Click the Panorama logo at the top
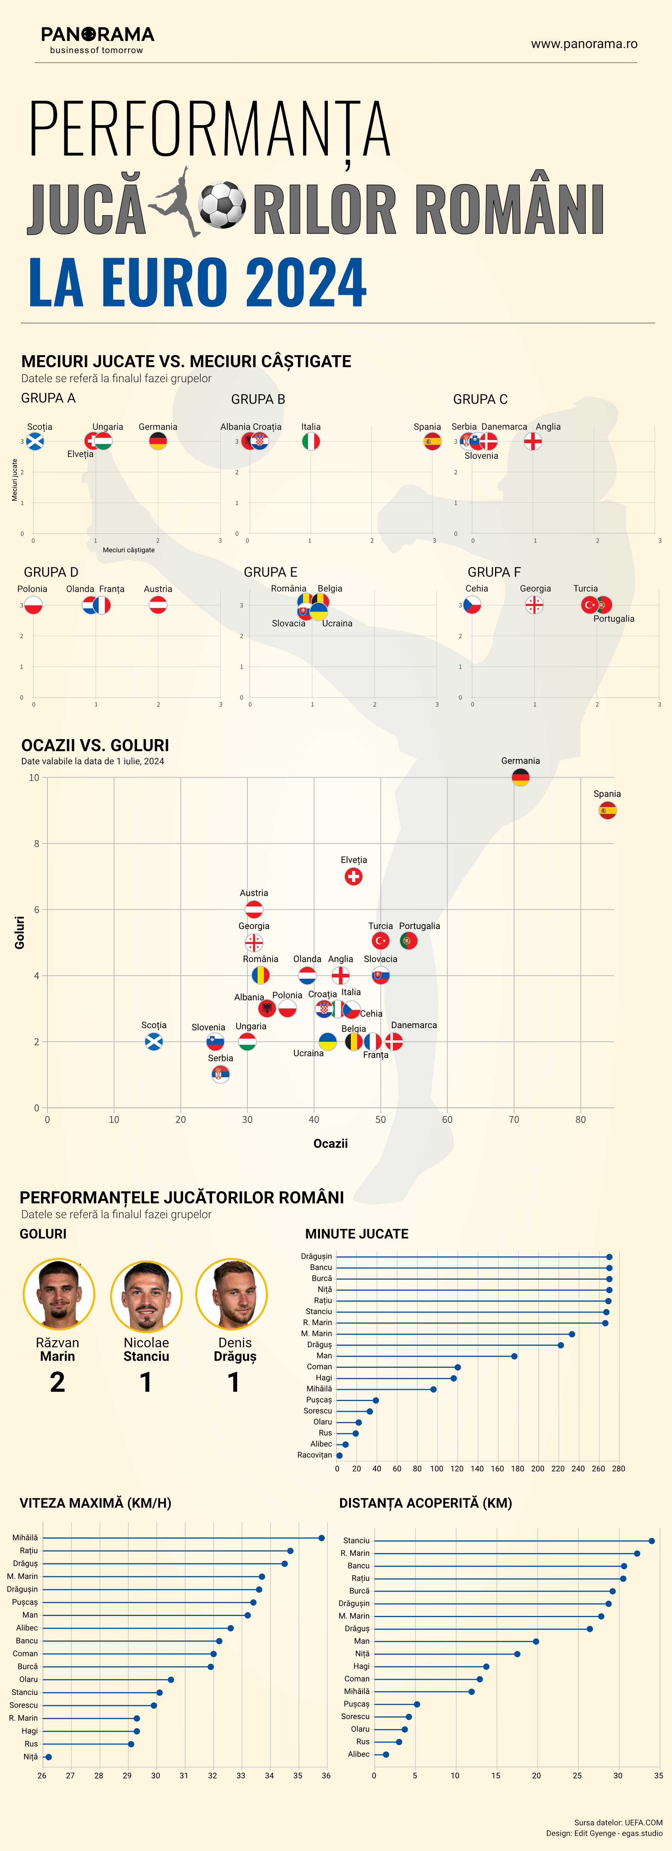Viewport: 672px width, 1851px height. [98, 40]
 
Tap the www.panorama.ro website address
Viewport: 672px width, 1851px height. [584, 44]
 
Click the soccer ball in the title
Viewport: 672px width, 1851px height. [222, 205]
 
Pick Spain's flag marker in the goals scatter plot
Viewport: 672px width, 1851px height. [607, 811]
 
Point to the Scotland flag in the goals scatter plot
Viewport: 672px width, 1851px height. [154, 1041]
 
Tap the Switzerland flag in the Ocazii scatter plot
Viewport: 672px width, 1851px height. [353, 876]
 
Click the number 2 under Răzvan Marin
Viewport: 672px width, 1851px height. [57, 1382]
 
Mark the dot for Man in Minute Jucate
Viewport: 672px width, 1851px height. [514, 1356]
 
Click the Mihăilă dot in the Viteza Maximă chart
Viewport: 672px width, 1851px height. [322, 1538]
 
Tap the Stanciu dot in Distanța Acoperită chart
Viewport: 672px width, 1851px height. [652, 1540]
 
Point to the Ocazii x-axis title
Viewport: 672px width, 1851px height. [330, 1143]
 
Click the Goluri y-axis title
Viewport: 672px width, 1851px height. [19, 932]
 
